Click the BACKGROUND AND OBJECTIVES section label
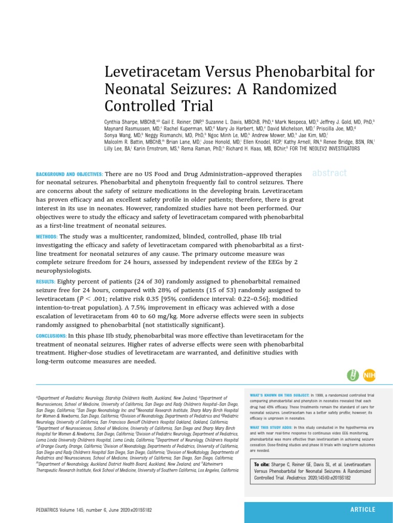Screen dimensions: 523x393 [x=69, y=174]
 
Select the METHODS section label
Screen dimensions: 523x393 [x=47, y=236]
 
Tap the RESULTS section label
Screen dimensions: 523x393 [x=46, y=281]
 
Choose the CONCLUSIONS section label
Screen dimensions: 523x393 [x=51, y=336]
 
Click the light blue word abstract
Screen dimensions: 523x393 [x=329, y=173]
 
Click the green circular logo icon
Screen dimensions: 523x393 [x=353, y=375]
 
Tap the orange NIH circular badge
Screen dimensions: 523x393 [x=369, y=375]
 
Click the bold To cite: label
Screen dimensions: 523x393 [x=262, y=464]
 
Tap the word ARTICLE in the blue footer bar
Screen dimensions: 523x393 [x=362, y=510]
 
